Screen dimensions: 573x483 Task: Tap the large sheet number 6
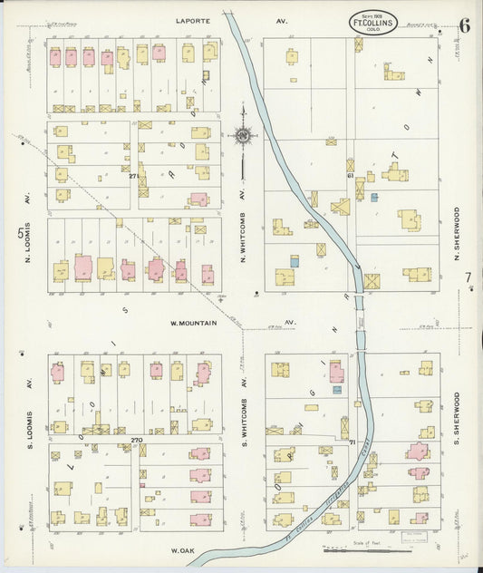tap(463, 24)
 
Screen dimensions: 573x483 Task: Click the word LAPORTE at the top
tap(193, 18)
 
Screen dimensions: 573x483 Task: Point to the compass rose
tap(243, 136)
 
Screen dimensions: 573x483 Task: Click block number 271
tap(135, 175)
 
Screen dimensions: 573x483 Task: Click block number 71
tap(351, 441)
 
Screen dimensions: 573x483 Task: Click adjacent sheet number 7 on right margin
tap(468, 278)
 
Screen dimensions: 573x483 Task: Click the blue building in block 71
tap(336, 390)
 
